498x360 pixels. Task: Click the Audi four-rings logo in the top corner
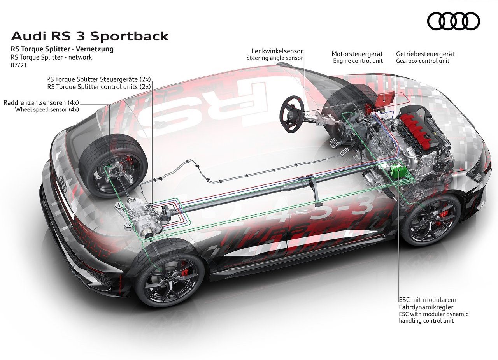point(454,21)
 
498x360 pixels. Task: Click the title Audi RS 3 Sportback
point(89,36)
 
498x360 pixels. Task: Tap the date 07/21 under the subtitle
point(19,65)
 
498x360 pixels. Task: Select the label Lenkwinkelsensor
point(277,51)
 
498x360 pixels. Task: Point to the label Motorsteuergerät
point(357,54)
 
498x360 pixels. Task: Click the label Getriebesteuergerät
point(425,54)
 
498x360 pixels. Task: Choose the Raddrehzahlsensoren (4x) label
point(41,102)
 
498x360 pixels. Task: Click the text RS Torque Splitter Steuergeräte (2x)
point(98,79)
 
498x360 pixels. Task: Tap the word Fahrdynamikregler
point(426,307)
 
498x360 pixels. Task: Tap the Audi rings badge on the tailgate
point(63,184)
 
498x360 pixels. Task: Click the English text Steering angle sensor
point(275,58)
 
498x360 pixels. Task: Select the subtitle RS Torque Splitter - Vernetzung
point(62,49)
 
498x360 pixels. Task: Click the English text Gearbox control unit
point(423,61)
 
